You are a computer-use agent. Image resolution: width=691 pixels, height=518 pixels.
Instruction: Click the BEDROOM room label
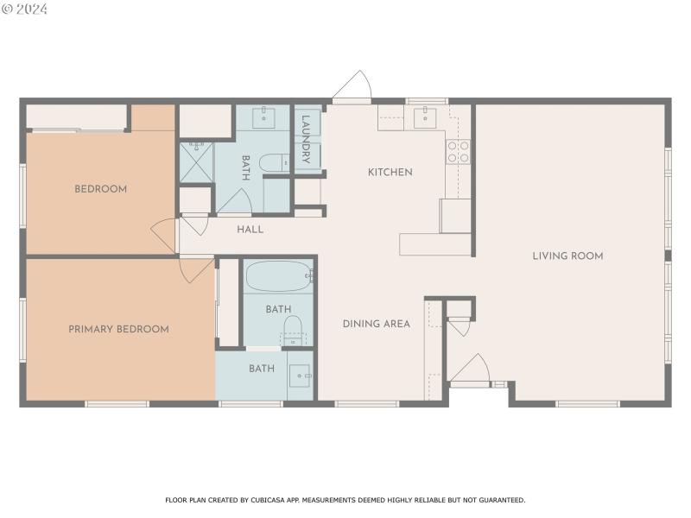[x=100, y=189]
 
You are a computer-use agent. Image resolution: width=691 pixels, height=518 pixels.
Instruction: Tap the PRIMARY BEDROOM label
[x=118, y=329]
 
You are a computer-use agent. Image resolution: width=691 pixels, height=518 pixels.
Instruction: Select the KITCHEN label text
[x=390, y=172]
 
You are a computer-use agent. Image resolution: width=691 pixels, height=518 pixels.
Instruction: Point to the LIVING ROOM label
[x=567, y=256]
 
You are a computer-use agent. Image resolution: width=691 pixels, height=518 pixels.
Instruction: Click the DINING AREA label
[x=376, y=324]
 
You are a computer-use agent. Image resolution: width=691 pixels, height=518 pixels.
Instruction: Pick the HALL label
[x=250, y=230]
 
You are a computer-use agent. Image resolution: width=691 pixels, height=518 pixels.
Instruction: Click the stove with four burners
[x=458, y=152]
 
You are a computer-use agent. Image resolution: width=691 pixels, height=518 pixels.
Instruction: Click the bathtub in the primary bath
[x=278, y=277]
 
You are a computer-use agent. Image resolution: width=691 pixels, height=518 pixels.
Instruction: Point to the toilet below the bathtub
[x=294, y=328]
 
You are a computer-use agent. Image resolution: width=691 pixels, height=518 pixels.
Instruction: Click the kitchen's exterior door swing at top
[x=352, y=88]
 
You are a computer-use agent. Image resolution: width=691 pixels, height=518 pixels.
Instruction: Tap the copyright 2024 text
[x=25, y=9]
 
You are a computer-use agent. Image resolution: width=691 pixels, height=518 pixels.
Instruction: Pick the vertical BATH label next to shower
[x=246, y=163]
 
